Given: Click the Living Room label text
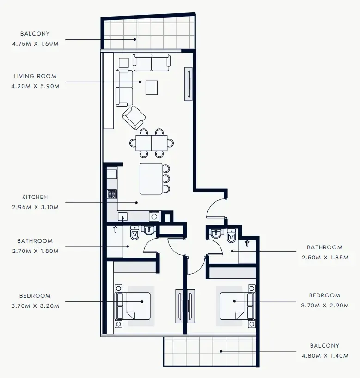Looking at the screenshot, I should (x=35, y=76).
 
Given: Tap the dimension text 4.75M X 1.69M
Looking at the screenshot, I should (x=36, y=43).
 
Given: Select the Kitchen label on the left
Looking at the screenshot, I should (x=35, y=197).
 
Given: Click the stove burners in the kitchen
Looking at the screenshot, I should (x=112, y=194).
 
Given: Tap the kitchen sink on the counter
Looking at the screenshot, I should (x=122, y=216).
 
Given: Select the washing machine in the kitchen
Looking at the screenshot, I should (x=154, y=216).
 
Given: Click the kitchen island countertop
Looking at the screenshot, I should (x=151, y=179).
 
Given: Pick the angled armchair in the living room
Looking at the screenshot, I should (x=134, y=117).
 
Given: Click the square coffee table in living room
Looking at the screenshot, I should (x=152, y=87).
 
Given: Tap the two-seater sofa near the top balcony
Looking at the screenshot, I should (x=152, y=62).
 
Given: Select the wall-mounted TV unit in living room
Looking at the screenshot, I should (x=189, y=84).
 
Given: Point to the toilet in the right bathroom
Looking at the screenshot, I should (x=231, y=235).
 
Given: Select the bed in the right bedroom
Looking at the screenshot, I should (x=236, y=306).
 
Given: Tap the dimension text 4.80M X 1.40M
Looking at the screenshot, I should (x=324, y=355).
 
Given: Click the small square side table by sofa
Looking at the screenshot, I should (x=123, y=62).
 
